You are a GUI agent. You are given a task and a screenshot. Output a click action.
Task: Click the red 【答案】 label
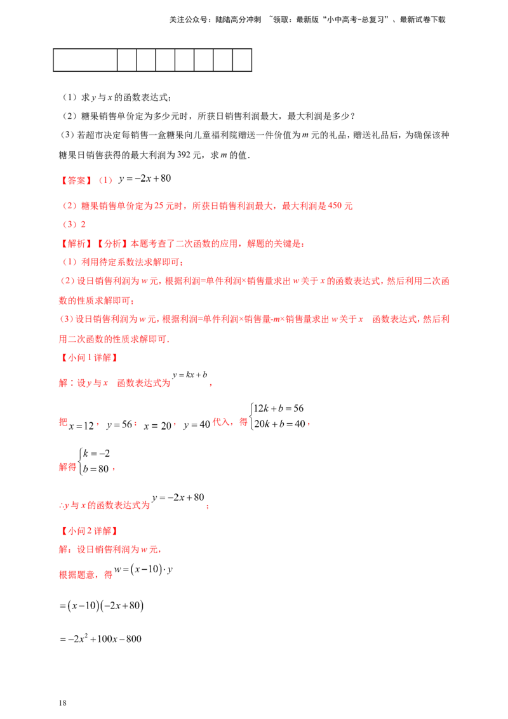coord(76,180)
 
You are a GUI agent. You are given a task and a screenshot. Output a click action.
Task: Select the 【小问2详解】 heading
coord(88,530)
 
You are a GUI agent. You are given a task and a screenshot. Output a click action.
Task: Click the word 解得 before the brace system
coord(67,467)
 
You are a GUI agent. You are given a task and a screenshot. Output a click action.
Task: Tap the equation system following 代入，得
coord(279,417)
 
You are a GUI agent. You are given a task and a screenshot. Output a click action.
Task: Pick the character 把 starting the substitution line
coord(61,420)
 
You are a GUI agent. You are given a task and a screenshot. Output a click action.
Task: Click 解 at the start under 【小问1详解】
coord(61,384)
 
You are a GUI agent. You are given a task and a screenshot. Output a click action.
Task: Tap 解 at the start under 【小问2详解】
coord(61,550)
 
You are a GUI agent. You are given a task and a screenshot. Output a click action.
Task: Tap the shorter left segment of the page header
coord(215,21)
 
